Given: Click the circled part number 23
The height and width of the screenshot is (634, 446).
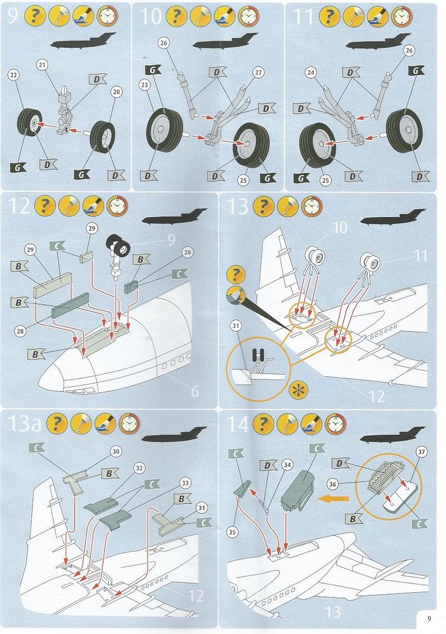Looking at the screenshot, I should tap(145, 84).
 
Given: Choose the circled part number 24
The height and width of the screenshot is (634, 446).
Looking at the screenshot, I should tap(310, 73).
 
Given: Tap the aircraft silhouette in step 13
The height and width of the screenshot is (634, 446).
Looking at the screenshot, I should tap(393, 218).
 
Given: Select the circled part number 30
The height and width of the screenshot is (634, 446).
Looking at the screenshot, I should tap(116, 451).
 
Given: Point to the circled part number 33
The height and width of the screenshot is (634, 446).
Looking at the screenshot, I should tap(185, 483).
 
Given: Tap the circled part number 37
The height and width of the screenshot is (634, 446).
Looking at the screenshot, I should tap(420, 451).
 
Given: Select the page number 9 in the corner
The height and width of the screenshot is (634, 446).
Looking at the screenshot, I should tap(430, 618).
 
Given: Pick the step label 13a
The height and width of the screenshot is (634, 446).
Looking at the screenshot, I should tap(25, 423).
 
